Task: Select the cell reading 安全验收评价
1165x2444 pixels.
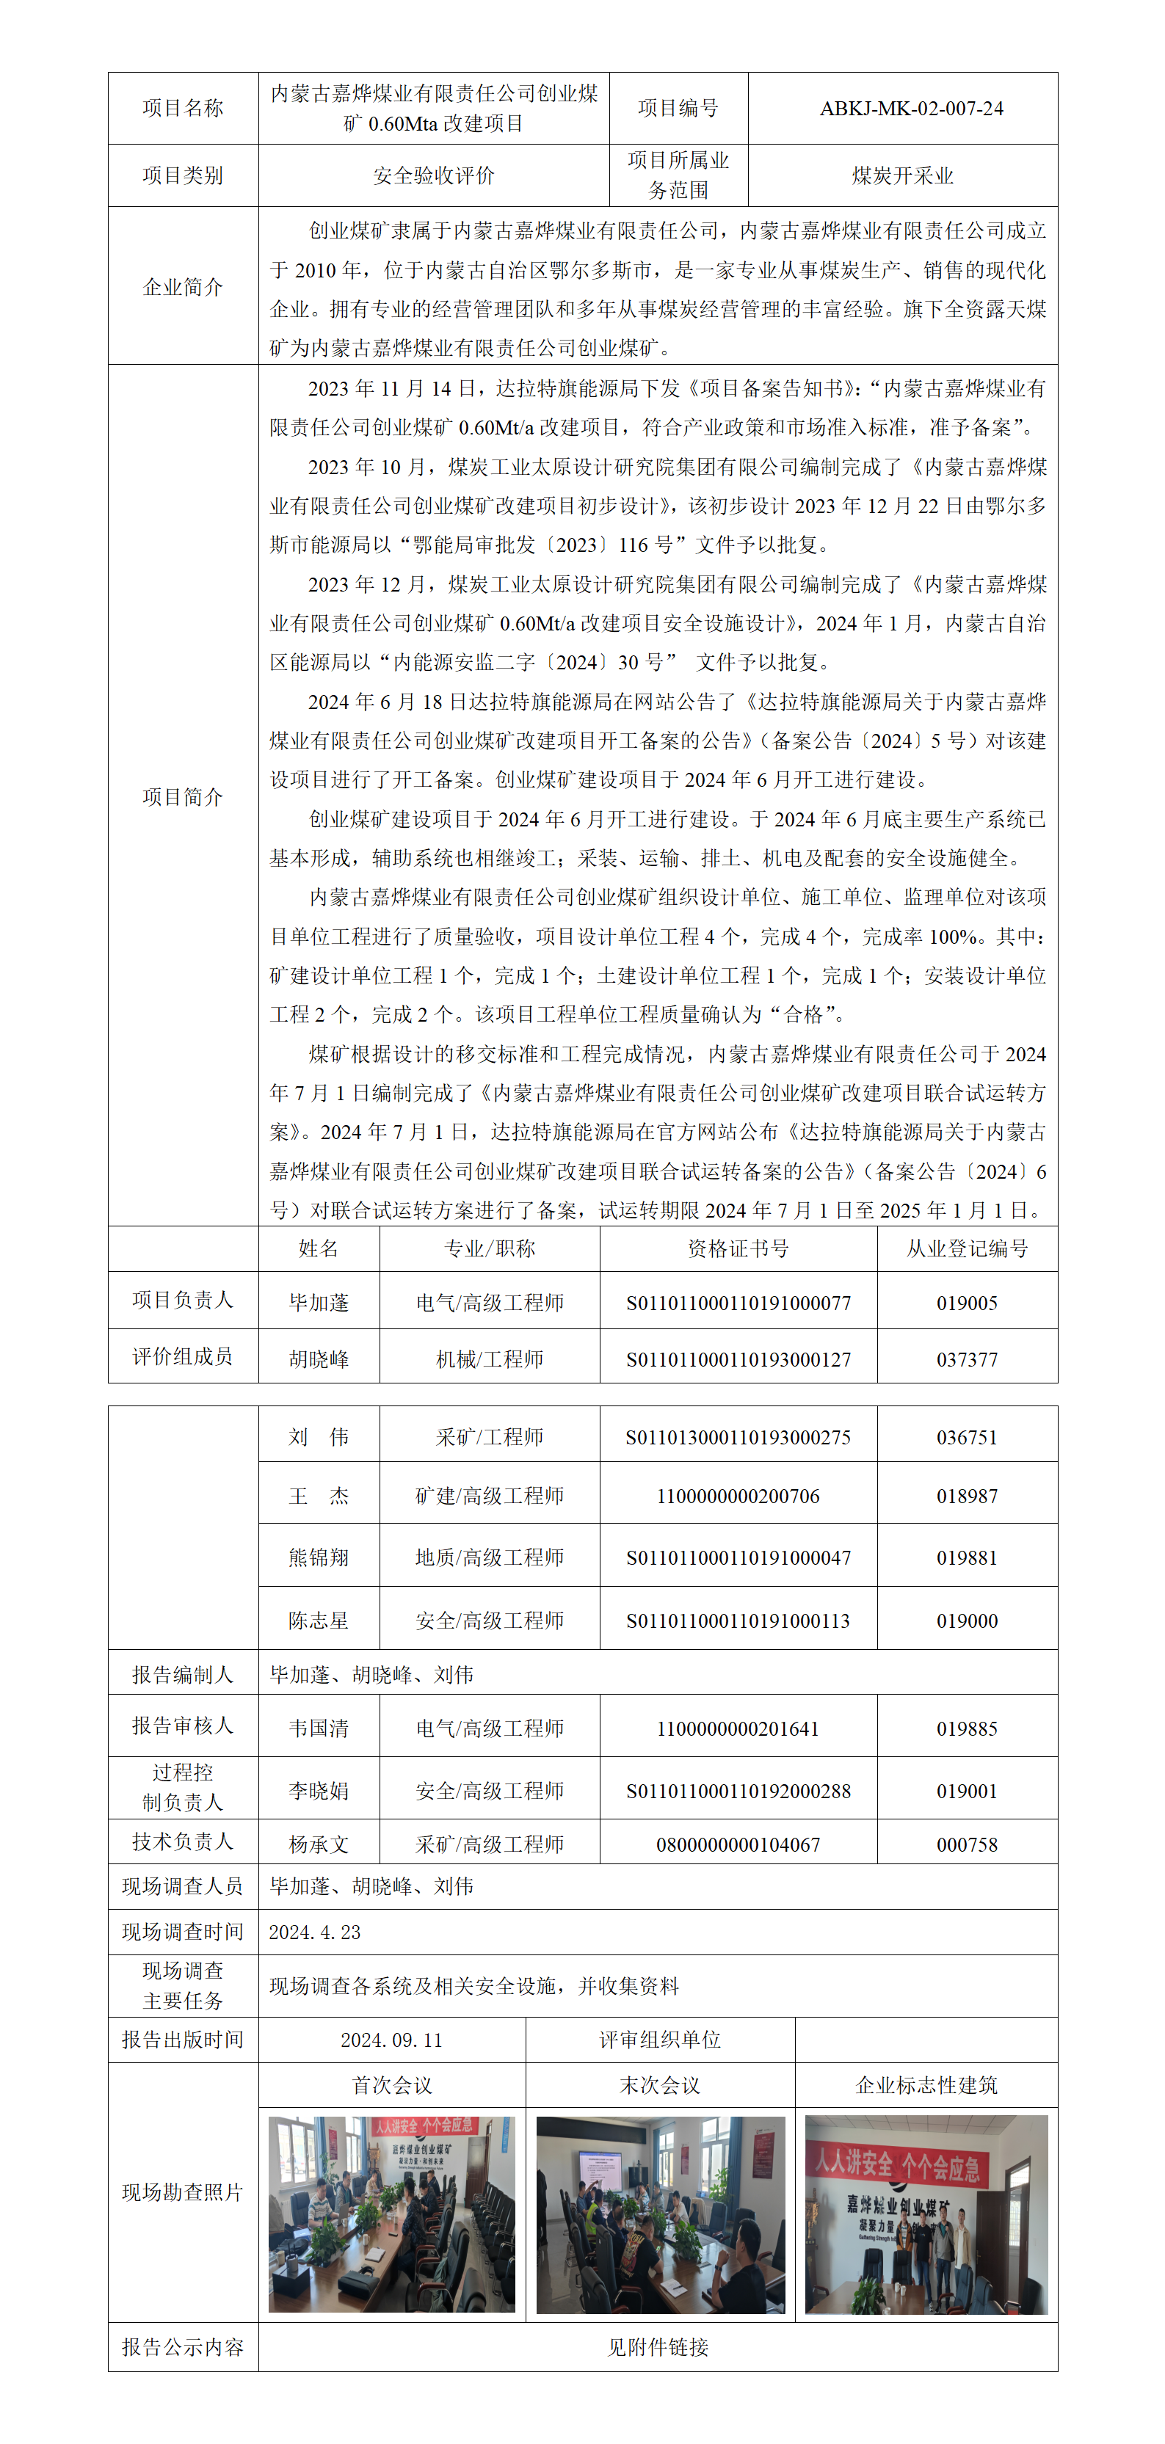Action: pyautogui.click(x=434, y=175)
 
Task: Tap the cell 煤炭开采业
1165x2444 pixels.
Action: pyautogui.click(x=902, y=175)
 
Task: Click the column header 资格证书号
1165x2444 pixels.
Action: pyautogui.click(x=738, y=1248)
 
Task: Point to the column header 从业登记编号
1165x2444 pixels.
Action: pyautogui.click(x=967, y=1248)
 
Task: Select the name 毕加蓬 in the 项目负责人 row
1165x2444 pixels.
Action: pyautogui.click(x=319, y=1303)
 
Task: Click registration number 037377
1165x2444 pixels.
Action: pyautogui.click(x=967, y=1359)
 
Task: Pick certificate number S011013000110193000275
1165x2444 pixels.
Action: pyautogui.click(x=738, y=1437)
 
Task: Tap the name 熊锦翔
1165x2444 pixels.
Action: pyautogui.click(x=319, y=1558)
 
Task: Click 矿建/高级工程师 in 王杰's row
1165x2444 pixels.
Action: pyautogui.click(x=490, y=1496)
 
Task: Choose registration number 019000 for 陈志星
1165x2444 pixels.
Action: pyautogui.click(x=967, y=1621)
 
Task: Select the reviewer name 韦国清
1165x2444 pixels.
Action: pyautogui.click(x=319, y=1728)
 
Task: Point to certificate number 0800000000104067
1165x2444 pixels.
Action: pyautogui.click(x=738, y=1844)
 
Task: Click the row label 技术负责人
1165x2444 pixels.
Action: pyautogui.click(x=182, y=1841)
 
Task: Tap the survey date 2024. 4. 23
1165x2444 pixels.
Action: pyautogui.click(x=315, y=1932)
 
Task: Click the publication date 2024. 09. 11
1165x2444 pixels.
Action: pyautogui.click(x=392, y=2040)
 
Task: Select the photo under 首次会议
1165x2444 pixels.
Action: pyautogui.click(x=392, y=2214)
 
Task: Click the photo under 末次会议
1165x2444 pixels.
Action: pyautogui.click(x=660, y=2214)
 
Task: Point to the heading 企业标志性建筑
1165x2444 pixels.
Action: pyautogui.click(x=926, y=2085)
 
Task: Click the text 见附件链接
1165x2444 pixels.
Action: pyautogui.click(x=658, y=2347)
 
